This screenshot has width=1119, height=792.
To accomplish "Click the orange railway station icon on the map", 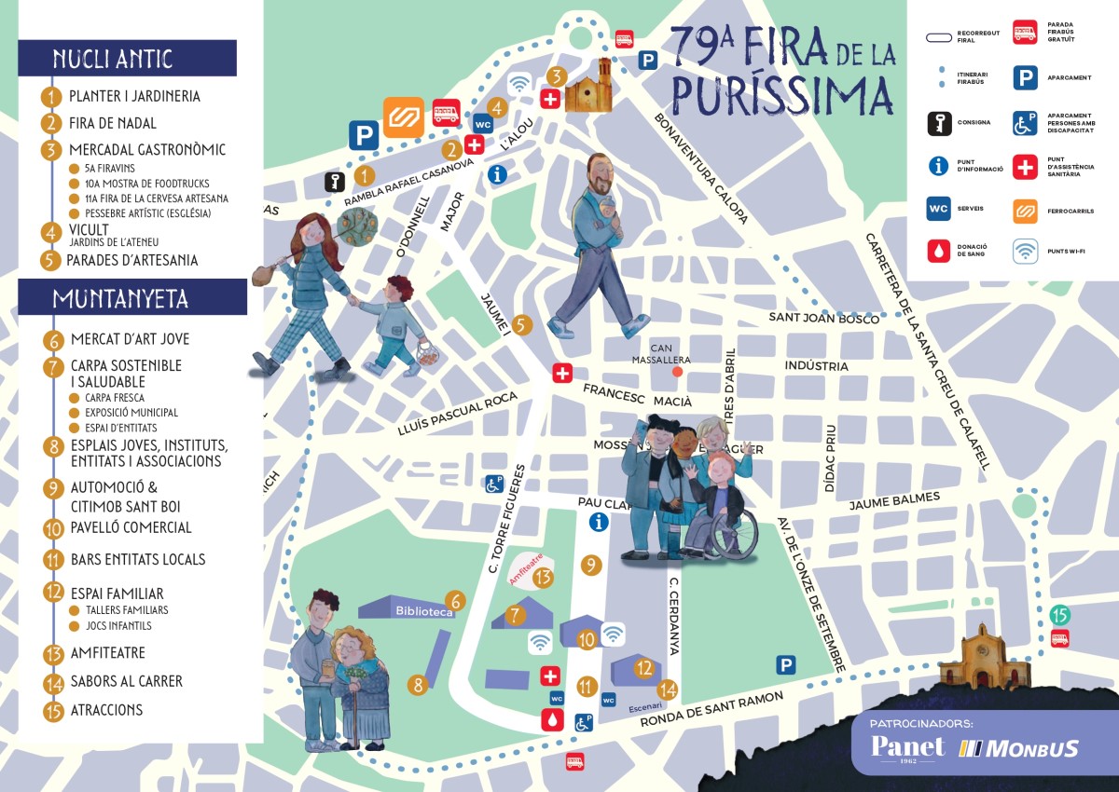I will pos(403,117).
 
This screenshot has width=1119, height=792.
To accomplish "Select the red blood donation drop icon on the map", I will pos(553,718).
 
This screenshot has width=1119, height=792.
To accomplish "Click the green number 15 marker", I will pos(1059,615).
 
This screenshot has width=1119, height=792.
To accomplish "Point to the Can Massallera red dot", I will pos(678,372).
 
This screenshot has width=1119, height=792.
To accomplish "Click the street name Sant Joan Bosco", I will pos(823,319).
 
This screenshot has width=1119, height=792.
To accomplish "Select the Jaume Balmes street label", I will pos(894,501).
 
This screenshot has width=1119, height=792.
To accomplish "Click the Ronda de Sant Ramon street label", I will pos(719,726).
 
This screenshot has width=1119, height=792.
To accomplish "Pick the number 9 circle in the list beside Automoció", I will pos(53,488).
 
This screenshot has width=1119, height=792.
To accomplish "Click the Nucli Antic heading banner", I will pos(127,59).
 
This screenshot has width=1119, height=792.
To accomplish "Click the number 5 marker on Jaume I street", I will pos(522,325).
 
